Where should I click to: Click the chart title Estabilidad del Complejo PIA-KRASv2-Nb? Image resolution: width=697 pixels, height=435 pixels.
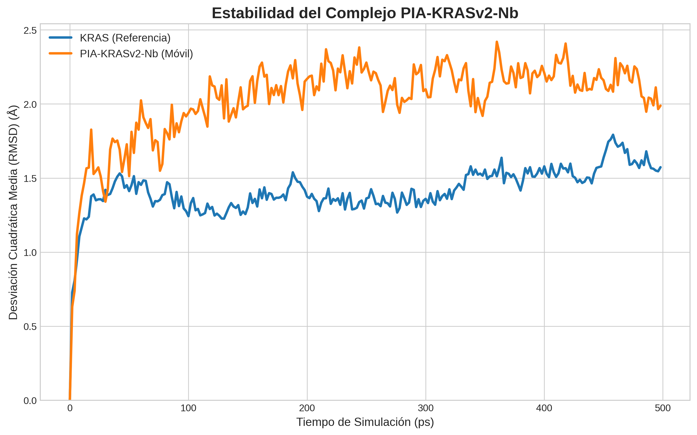(x=365, y=13)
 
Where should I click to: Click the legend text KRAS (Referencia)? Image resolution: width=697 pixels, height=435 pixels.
(x=125, y=38)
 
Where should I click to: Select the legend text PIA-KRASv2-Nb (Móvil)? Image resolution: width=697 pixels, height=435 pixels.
(x=136, y=54)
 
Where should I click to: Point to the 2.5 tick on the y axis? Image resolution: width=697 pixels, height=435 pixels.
(x=30, y=30)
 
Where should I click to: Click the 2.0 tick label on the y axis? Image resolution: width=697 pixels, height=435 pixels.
(x=30, y=104)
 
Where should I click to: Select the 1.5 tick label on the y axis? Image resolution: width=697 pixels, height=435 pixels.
(x=30, y=179)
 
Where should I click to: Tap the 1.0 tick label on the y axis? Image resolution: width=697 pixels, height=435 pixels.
(x=30, y=253)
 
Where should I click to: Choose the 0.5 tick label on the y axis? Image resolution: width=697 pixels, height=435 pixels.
(x=30, y=327)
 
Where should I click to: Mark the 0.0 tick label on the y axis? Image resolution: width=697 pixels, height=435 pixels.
(x=30, y=401)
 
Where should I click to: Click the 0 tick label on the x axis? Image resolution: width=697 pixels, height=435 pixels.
(x=70, y=408)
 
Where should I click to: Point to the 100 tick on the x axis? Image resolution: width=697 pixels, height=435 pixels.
(x=188, y=408)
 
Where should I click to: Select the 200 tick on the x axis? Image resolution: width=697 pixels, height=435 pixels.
(x=307, y=408)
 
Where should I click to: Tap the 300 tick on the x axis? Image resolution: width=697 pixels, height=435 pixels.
(x=426, y=408)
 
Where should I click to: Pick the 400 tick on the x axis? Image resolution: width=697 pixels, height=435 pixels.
(x=544, y=408)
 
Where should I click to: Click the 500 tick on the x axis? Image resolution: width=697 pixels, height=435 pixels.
(x=663, y=408)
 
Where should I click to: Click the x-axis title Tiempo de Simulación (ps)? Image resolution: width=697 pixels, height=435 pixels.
(x=365, y=422)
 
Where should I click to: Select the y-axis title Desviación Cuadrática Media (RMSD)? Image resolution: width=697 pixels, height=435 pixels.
(x=13, y=212)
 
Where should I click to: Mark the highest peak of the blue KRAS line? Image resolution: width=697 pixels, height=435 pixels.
(x=613, y=135)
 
